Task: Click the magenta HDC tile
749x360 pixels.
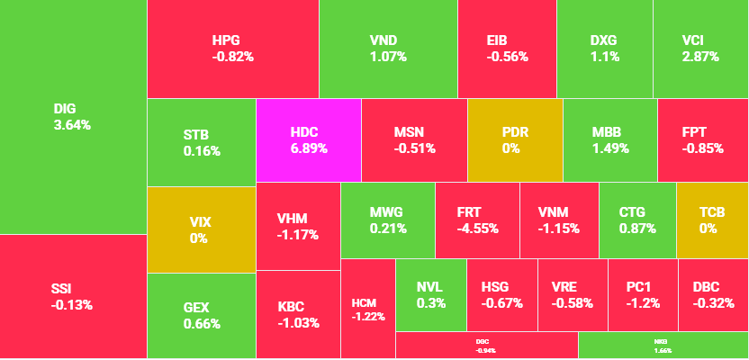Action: (x=309, y=139)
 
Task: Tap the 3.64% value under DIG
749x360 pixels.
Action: (x=72, y=125)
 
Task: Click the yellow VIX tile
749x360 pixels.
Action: (x=200, y=229)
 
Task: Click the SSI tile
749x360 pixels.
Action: (x=72, y=296)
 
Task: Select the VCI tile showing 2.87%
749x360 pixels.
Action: (x=700, y=48)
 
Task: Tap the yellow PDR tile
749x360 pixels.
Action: (x=515, y=139)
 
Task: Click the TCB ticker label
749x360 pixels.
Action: (x=712, y=212)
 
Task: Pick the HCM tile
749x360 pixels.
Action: (x=368, y=309)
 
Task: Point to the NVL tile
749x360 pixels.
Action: (x=430, y=294)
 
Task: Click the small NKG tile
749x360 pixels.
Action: (x=663, y=346)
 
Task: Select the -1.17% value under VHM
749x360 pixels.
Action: (x=298, y=236)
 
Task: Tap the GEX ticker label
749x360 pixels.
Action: (x=196, y=308)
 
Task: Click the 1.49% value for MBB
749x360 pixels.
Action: (x=609, y=148)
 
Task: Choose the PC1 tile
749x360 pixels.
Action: (x=643, y=294)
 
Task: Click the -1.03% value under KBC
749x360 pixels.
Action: (x=298, y=323)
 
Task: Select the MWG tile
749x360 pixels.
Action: (x=387, y=220)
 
